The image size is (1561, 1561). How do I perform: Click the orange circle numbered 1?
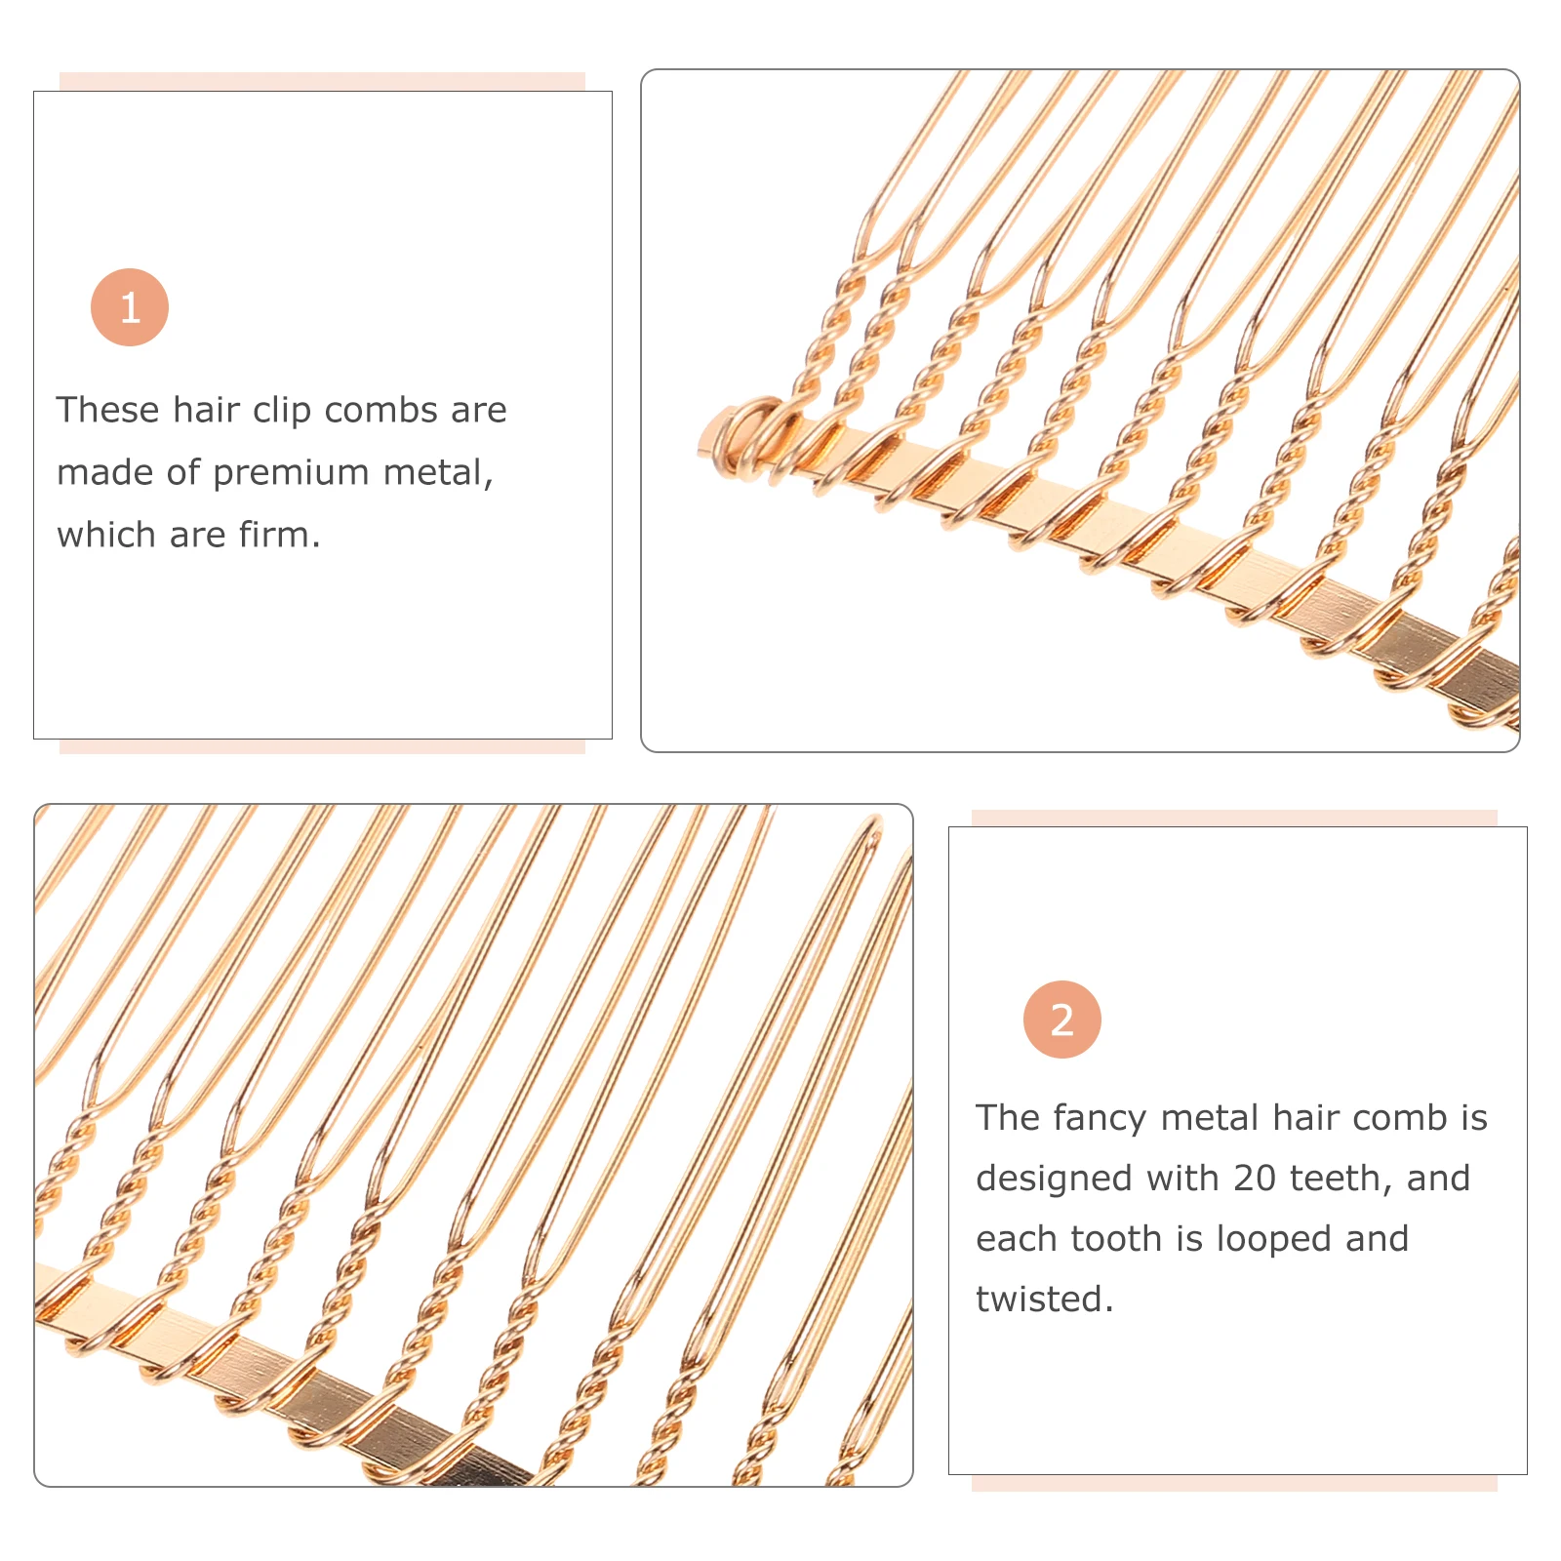[x=130, y=307]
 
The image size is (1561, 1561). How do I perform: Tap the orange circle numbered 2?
[x=1061, y=1020]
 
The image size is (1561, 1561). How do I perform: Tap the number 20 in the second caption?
[x=1254, y=1179]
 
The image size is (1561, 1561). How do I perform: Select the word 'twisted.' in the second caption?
[x=1044, y=1300]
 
